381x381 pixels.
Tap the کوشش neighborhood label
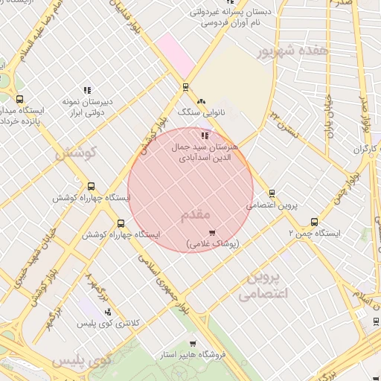click(x=77, y=155)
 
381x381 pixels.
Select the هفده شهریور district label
click(x=292, y=52)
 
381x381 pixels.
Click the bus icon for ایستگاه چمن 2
click(x=314, y=222)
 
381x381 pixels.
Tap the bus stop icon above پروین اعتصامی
click(x=272, y=193)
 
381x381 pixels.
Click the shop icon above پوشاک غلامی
click(x=212, y=233)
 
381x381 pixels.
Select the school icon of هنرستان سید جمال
click(x=205, y=135)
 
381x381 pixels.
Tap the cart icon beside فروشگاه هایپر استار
click(x=193, y=344)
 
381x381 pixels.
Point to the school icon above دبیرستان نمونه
click(x=87, y=90)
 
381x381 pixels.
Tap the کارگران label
click(x=365, y=150)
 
